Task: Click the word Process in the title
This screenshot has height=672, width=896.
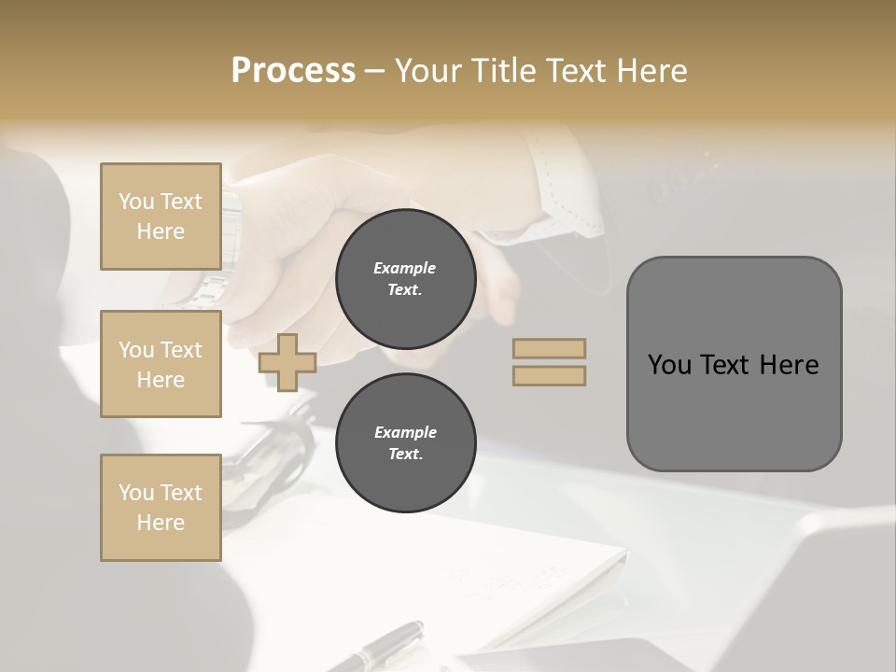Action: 293,71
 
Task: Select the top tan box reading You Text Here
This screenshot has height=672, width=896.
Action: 161,217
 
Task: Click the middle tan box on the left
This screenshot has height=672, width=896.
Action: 161,364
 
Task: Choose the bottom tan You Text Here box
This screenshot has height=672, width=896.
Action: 161,508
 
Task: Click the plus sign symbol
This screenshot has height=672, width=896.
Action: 287,362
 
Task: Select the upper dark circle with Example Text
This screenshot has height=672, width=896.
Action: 406,279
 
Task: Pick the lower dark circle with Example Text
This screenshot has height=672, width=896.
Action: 406,443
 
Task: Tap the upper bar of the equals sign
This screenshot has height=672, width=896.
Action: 550,348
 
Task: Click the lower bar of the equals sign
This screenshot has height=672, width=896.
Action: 550,375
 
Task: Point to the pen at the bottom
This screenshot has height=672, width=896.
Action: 383,644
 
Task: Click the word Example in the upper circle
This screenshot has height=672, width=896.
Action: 405,268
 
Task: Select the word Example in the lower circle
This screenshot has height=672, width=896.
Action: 405,432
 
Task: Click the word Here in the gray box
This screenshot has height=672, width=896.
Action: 790,365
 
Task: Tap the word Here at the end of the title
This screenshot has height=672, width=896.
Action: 652,71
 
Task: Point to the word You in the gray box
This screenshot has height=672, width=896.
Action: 668,365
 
